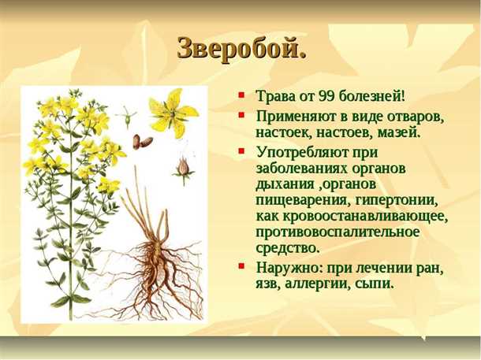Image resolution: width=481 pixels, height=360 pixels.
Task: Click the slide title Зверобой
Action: point(240,48)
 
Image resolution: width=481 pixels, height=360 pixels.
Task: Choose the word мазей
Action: point(398,132)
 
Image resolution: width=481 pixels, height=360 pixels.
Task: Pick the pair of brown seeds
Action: point(142,142)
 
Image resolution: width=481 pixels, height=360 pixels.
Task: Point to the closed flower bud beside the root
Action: point(183,167)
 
